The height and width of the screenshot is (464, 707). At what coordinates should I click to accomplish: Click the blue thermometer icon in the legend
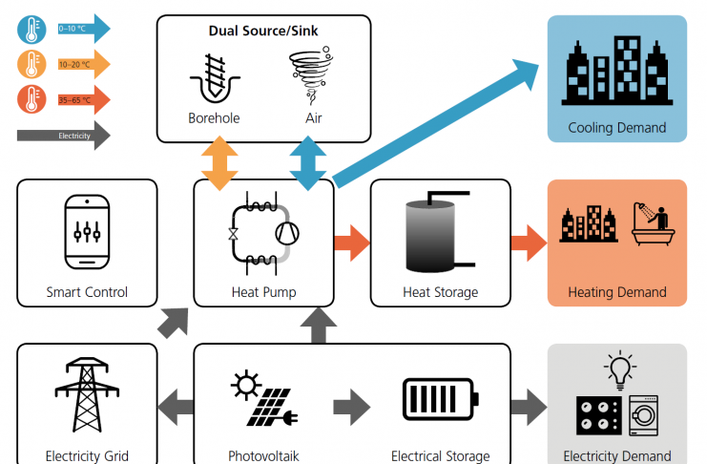[31, 30]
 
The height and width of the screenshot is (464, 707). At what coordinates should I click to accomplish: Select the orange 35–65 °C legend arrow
[84, 99]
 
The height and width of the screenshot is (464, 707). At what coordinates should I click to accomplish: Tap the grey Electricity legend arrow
[64, 136]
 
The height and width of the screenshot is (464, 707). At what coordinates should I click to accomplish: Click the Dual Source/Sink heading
[263, 31]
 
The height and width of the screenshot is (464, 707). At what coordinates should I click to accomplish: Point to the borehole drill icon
[215, 78]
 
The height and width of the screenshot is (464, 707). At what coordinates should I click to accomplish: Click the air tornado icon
[311, 75]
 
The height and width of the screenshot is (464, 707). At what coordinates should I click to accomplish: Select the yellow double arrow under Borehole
[219, 163]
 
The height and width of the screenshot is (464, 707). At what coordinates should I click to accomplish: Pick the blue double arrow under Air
[308, 163]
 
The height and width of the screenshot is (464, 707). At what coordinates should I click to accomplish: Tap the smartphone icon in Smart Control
[87, 232]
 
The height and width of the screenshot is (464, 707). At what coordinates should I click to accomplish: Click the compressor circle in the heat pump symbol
[287, 234]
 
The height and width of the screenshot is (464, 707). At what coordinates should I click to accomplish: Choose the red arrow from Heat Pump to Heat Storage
[352, 243]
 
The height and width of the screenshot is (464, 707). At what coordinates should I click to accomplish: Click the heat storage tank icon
[440, 232]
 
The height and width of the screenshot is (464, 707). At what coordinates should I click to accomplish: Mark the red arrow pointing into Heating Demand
[529, 243]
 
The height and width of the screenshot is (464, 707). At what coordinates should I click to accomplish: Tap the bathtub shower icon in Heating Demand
[654, 223]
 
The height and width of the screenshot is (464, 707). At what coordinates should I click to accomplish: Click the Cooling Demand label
[616, 128]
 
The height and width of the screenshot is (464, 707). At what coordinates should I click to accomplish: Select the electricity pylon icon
[87, 395]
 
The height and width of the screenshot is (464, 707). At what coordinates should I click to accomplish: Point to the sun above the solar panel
[246, 385]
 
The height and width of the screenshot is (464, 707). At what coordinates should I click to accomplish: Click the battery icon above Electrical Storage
[440, 399]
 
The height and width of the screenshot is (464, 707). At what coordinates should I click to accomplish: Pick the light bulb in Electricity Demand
[620, 370]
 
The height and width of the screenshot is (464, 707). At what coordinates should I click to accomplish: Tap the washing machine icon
[643, 415]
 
